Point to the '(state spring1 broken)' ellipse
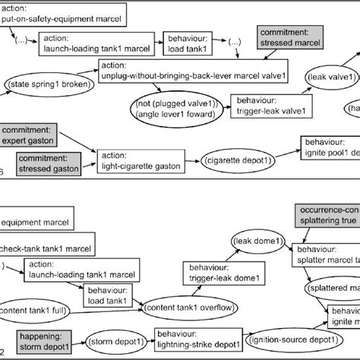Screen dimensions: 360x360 [47, 82]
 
